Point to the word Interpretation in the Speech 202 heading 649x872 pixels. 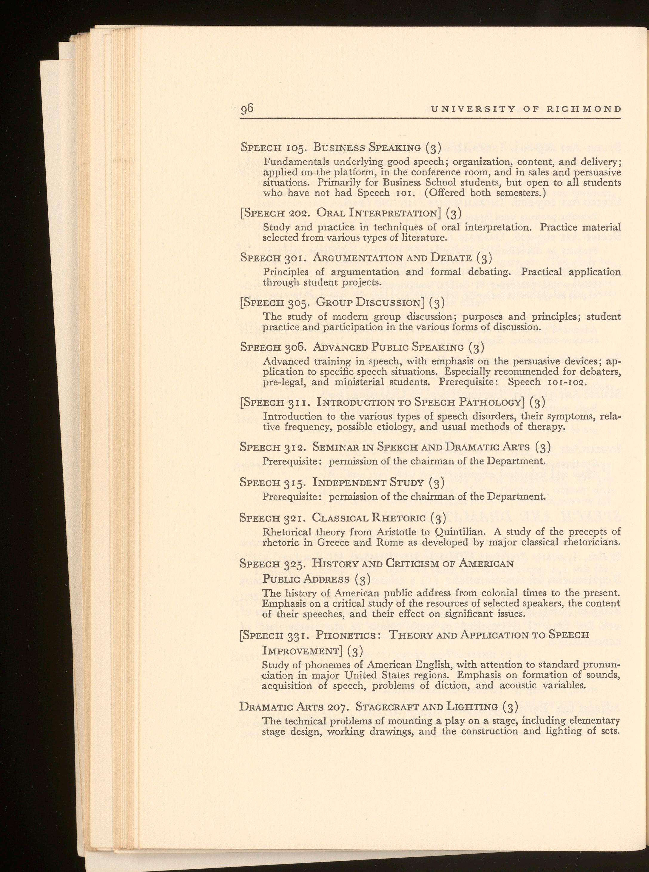(x=400, y=213)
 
